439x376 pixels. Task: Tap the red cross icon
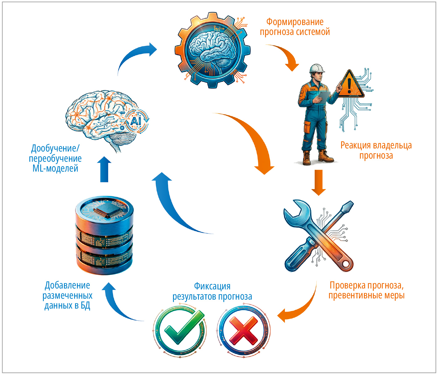tap(244, 331)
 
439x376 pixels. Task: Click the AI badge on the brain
tap(136, 122)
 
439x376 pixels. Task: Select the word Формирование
tap(295, 22)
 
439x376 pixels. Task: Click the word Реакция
tap(356, 146)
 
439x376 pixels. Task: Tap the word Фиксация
tap(212, 286)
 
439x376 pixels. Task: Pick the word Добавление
tap(67, 285)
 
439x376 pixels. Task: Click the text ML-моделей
tap(55, 169)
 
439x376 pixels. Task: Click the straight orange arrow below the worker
tap(319, 182)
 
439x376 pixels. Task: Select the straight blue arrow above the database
tap(104, 169)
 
